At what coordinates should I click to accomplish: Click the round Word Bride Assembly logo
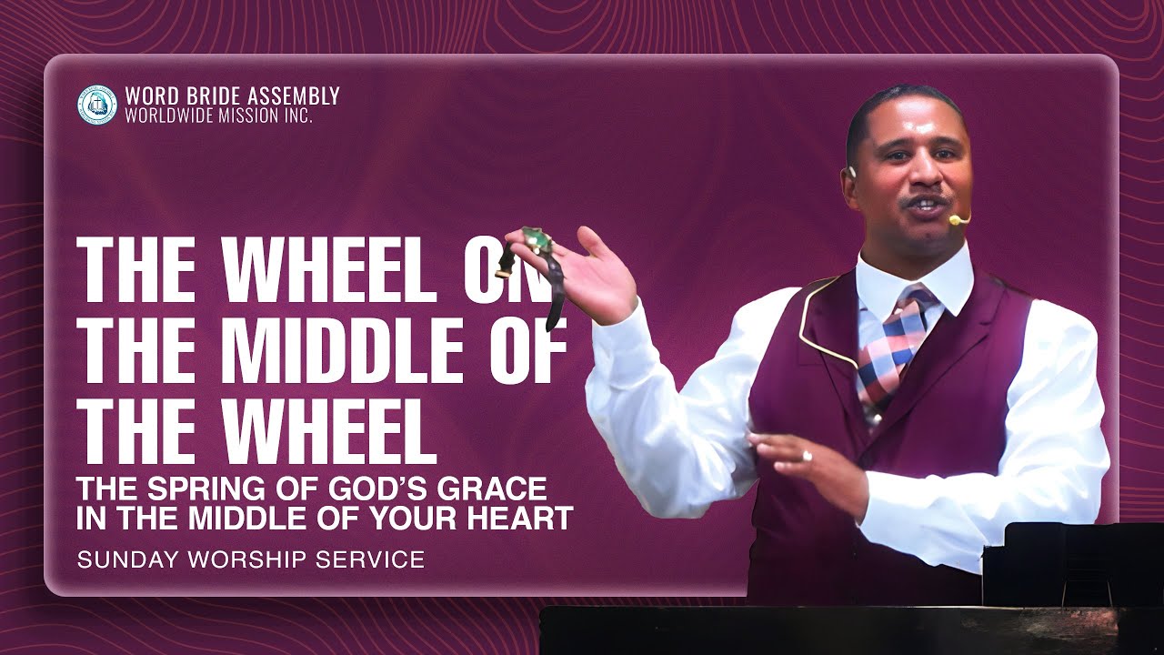97,105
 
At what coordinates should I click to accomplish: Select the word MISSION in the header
246,116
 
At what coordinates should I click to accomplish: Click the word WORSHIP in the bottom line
246,559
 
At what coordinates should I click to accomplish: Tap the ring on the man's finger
807,455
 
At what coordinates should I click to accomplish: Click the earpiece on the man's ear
853,172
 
